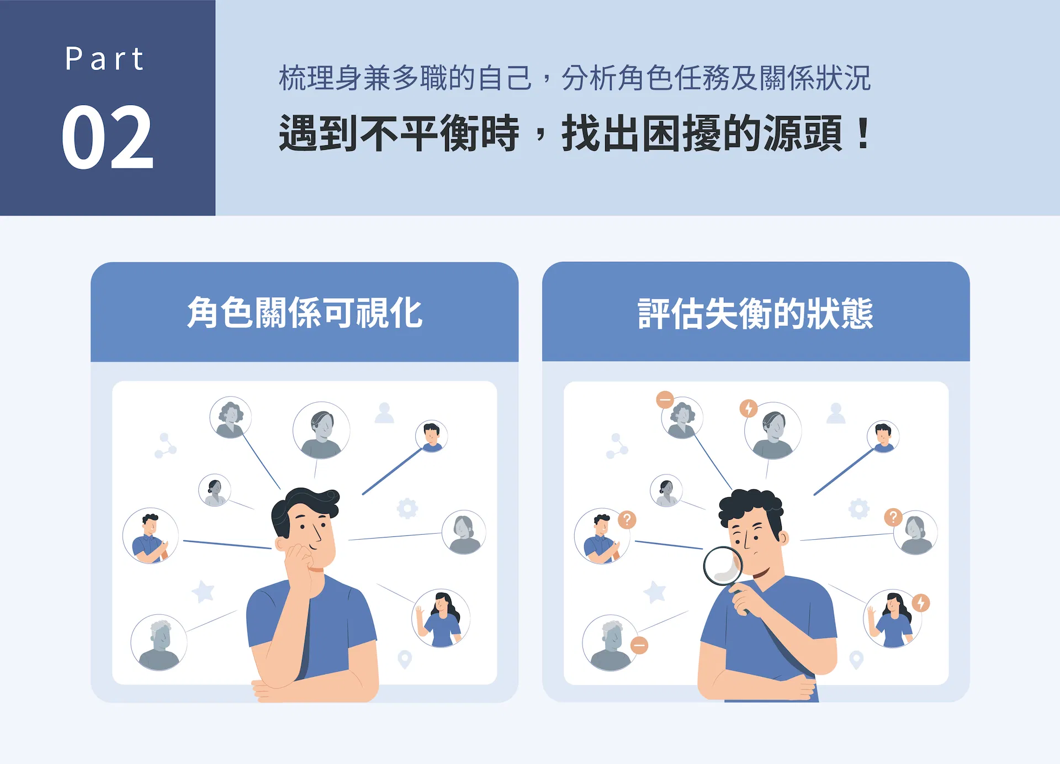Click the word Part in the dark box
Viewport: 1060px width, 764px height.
coord(104,59)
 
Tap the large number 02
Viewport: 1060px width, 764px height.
coord(107,137)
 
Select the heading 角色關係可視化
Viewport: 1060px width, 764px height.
coord(305,313)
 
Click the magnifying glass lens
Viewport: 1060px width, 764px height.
coord(723,565)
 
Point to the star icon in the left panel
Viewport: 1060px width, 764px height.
coord(203,591)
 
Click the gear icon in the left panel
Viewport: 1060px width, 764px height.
coord(407,508)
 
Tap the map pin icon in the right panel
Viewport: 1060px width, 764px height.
coord(856,660)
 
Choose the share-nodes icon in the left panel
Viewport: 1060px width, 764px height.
coord(165,446)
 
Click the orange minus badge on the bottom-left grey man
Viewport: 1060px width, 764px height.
coord(639,645)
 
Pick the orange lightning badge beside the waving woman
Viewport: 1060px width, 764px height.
coord(921,603)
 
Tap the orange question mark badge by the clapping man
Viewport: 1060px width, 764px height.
coord(627,519)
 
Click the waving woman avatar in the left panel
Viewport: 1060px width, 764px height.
coord(441,618)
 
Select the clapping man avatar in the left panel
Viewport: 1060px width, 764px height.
coord(151,535)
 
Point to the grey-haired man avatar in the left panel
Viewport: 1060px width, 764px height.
coord(159,642)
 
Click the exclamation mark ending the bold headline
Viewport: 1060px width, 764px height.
coord(863,133)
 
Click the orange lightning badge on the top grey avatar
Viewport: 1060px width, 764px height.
coord(749,408)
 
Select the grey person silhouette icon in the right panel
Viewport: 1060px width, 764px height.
coord(836,413)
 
